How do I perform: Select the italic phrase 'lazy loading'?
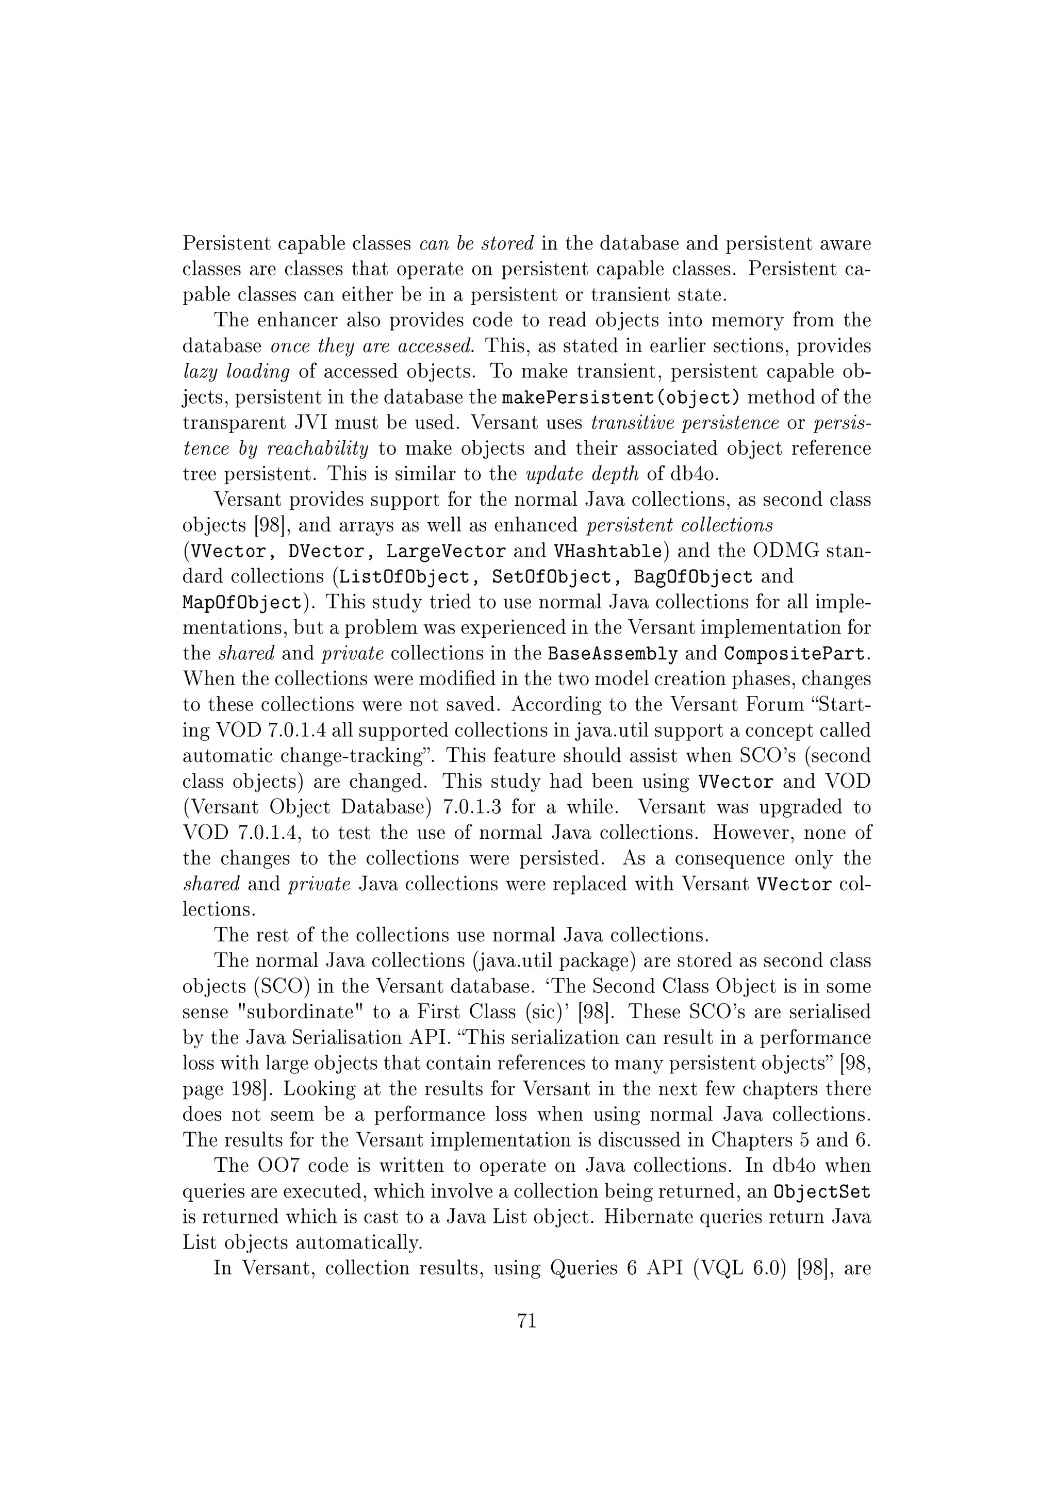[x=236, y=372]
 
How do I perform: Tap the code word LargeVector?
[x=446, y=552]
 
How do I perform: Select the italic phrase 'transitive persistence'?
[x=685, y=423]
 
